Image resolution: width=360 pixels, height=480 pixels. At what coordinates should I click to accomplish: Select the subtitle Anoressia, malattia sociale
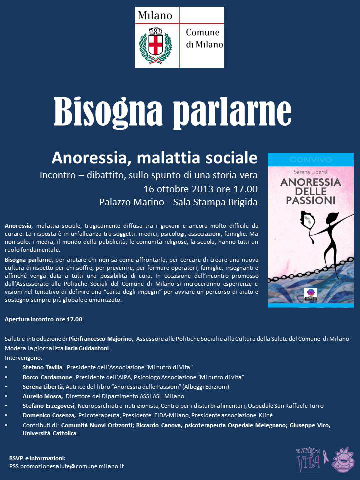coord(154,158)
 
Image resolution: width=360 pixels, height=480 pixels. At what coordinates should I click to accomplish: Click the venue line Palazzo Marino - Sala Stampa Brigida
coord(178,202)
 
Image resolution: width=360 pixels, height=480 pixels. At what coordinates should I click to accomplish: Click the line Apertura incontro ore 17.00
coord(43,319)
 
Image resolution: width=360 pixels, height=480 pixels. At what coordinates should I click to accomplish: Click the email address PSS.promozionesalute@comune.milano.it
coord(66,466)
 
